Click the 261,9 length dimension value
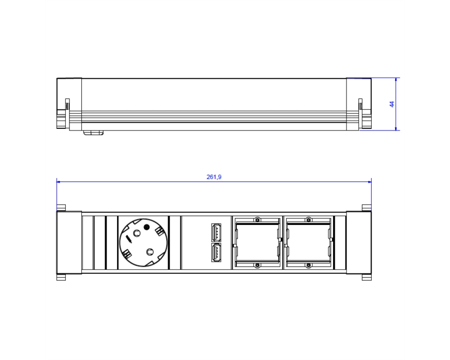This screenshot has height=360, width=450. pos(214,177)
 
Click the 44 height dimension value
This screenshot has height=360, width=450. pos(392,104)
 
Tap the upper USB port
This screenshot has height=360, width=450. pos(216,233)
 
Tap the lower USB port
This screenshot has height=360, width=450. pos(216,252)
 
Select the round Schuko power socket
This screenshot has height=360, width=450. pos(143,243)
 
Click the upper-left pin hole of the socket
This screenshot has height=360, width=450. pos(137,234)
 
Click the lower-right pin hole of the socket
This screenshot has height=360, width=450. pos(149,252)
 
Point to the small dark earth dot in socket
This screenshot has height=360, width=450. pos(146,227)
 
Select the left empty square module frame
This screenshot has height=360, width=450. pos(257,243)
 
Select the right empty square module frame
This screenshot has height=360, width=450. pos(308,243)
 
